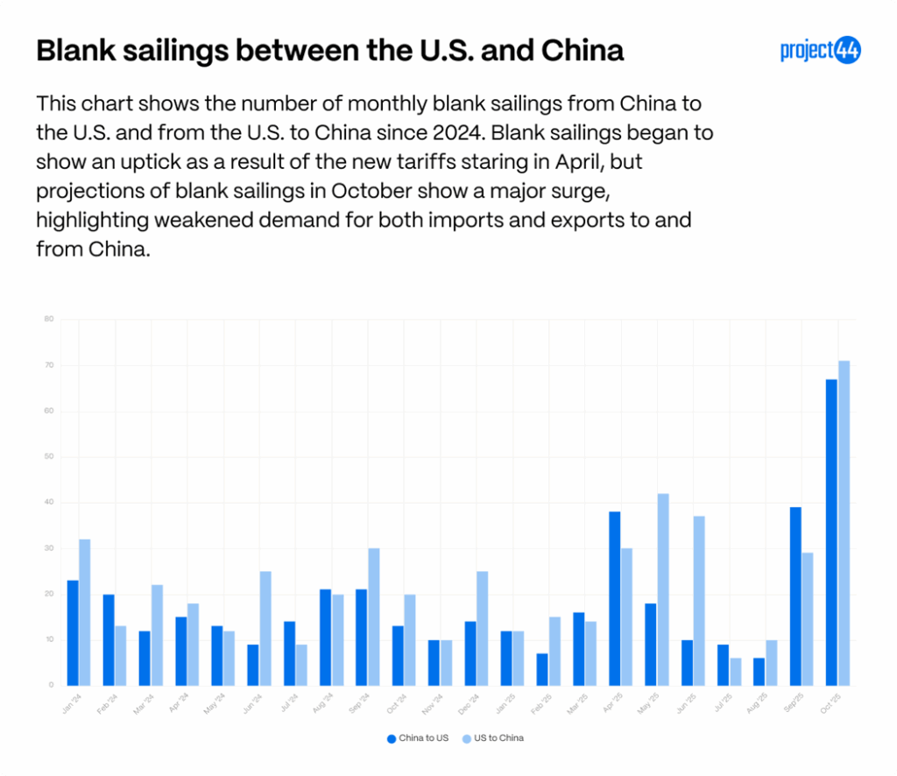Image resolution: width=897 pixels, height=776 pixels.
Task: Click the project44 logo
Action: coord(820,50)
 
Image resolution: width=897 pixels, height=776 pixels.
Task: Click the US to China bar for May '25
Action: coord(663,589)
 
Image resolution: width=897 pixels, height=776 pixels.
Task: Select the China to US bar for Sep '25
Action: coord(795,596)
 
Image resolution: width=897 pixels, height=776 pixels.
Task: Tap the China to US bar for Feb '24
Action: coord(109,639)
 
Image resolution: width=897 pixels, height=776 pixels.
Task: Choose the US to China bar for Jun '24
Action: coord(265,627)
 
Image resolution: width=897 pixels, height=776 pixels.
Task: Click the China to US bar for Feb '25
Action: coord(542,668)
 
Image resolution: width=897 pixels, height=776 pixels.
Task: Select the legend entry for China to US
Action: coord(418,738)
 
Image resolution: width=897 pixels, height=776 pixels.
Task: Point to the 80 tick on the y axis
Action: coord(49,319)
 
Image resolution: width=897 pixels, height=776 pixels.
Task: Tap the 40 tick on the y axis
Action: coord(49,503)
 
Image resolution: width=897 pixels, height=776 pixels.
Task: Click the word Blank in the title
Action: coord(74,50)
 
